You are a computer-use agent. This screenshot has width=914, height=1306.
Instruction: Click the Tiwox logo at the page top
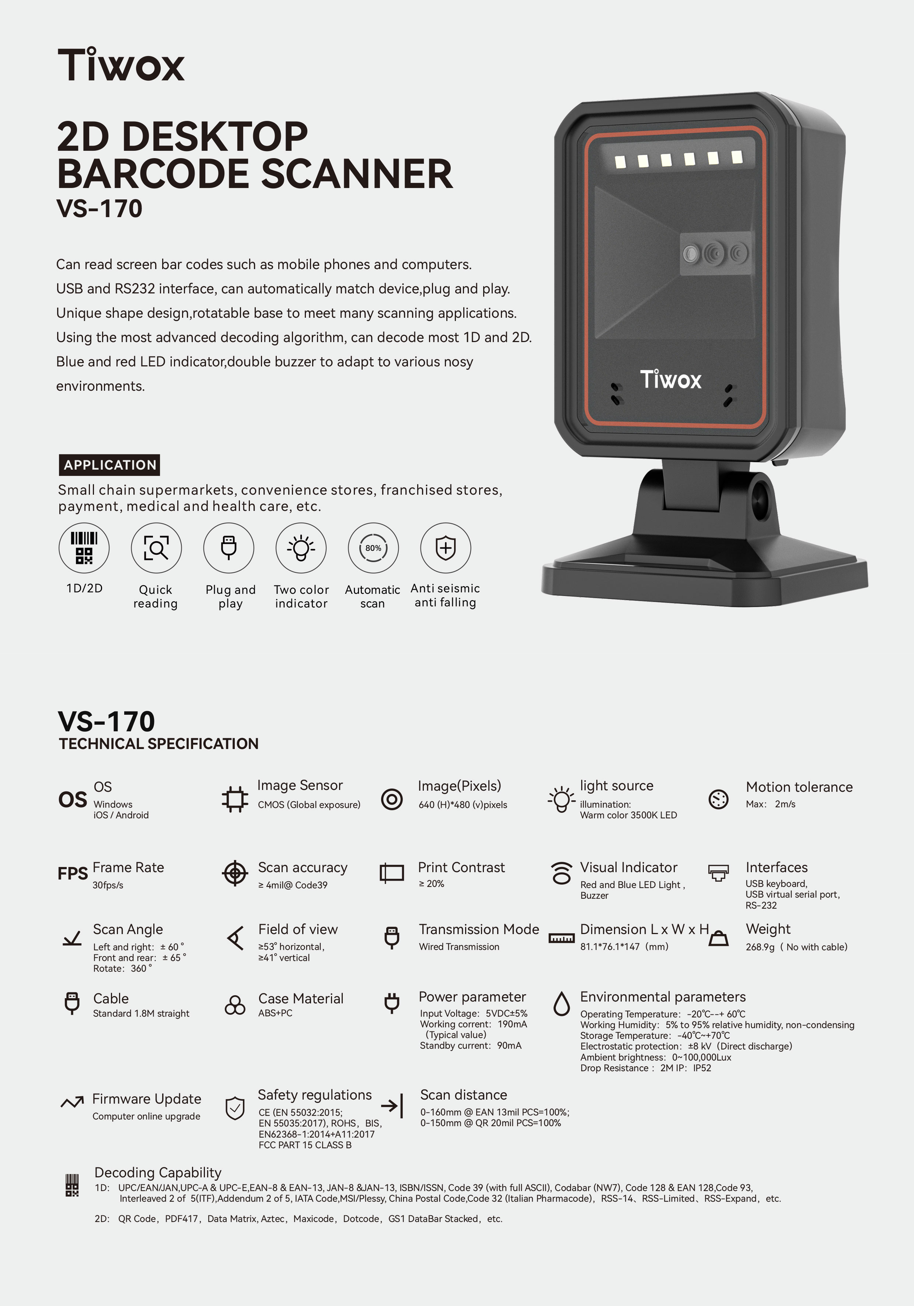point(121,64)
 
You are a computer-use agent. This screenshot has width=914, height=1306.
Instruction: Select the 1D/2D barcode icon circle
point(84,548)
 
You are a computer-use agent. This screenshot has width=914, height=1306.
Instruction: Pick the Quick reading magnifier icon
point(156,548)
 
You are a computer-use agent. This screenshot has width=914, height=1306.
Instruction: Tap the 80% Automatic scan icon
point(373,548)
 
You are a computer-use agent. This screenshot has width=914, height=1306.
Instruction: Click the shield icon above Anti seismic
point(445,548)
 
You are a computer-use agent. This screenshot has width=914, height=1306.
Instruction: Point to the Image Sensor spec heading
point(300,786)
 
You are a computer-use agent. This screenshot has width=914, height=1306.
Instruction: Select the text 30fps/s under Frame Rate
point(108,885)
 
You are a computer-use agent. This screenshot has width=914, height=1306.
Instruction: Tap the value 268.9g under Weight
point(760,947)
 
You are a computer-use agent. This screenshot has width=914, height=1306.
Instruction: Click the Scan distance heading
point(464,1095)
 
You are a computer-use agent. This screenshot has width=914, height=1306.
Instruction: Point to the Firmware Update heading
point(147,1099)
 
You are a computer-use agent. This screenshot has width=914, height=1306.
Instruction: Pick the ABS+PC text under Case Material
point(275,1013)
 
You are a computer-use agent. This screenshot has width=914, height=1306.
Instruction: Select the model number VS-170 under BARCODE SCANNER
point(99,208)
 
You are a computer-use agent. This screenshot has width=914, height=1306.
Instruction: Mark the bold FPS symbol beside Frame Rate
point(73,873)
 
